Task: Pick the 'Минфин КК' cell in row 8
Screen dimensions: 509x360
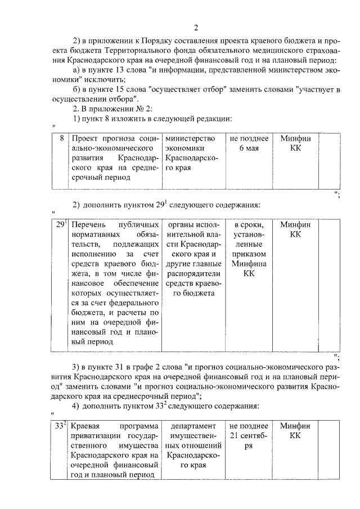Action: pyautogui.click(x=295, y=143)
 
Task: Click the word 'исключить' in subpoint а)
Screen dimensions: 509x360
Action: pyautogui.click(x=113, y=80)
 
